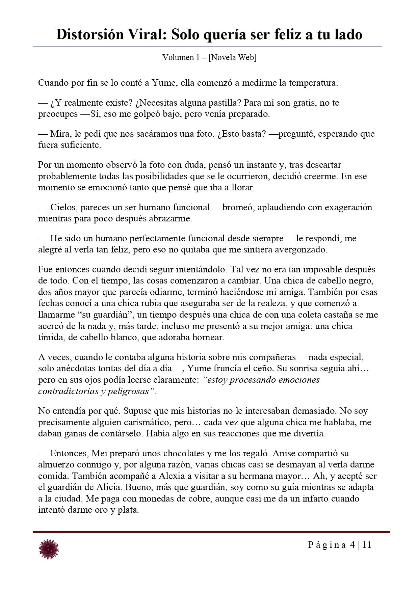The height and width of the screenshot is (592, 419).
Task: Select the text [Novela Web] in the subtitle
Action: click(233, 57)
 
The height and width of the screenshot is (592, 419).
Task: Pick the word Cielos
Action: click(63, 207)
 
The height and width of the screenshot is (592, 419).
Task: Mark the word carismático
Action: click(153, 422)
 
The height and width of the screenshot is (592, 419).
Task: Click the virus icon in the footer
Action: click(49, 548)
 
